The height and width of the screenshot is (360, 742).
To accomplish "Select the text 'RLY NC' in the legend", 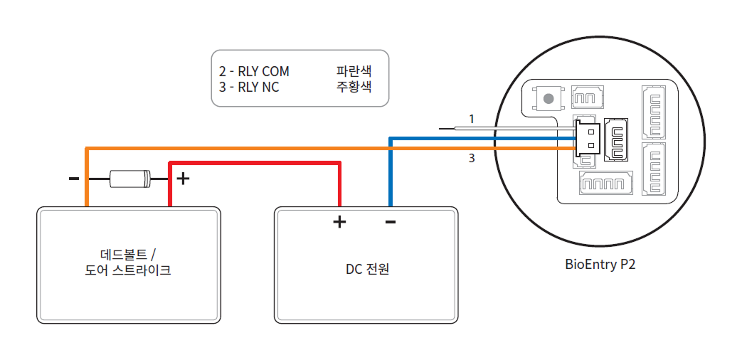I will point(258,88).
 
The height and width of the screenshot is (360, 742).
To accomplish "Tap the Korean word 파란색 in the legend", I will point(354,72).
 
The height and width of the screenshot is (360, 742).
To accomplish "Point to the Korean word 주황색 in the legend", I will point(354,88).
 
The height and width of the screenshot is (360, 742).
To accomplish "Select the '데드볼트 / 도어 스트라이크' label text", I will point(128,263).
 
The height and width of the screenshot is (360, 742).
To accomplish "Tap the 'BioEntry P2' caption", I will point(600,265).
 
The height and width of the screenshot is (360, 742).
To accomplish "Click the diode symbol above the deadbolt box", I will point(130,178).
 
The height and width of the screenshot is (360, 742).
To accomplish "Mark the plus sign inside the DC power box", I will point(340,222).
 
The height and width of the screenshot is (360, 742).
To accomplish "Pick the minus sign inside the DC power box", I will point(391,222).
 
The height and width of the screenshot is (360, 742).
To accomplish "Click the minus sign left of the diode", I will point(74,178).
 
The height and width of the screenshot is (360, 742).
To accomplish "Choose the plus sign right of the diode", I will point(183,178).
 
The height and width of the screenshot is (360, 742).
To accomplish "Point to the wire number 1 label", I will point(471,117).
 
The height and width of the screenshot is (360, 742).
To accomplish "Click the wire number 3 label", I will point(471,159).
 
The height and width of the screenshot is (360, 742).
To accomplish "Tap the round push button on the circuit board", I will point(548,99).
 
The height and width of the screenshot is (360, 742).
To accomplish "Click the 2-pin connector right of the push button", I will point(587,99).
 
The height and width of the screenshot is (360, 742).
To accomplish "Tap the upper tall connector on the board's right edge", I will point(654,111).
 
